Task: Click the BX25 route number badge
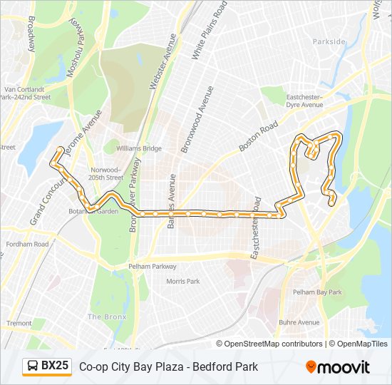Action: click(x=47, y=366)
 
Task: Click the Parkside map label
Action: click(x=328, y=42)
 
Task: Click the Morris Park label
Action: click(x=182, y=282)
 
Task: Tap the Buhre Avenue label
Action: click(x=299, y=322)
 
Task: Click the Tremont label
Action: click(x=19, y=323)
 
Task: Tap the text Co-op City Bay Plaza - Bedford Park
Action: click(x=168, y=366)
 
